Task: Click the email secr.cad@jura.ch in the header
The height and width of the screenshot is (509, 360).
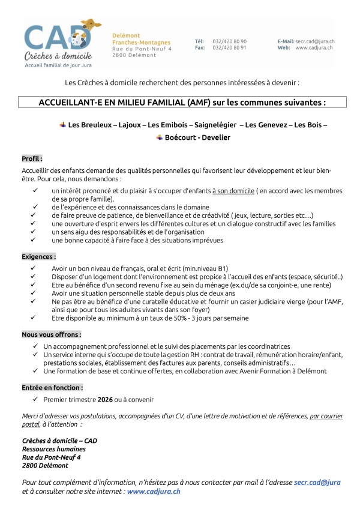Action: (314, 41)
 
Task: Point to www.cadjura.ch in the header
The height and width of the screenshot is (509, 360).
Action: (314, 47)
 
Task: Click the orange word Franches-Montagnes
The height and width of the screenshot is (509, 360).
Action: (141, 43)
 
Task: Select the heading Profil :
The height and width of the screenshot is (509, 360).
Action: (32, 159)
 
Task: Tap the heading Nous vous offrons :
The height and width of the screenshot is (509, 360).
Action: (52, 334)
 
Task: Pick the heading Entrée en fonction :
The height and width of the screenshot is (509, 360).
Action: (52, 388)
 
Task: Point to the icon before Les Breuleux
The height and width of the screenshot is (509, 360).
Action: (62, 124)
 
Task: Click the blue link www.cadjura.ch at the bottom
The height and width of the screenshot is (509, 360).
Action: (153, 491)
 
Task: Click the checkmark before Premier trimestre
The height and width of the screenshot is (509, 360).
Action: (37, 399)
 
